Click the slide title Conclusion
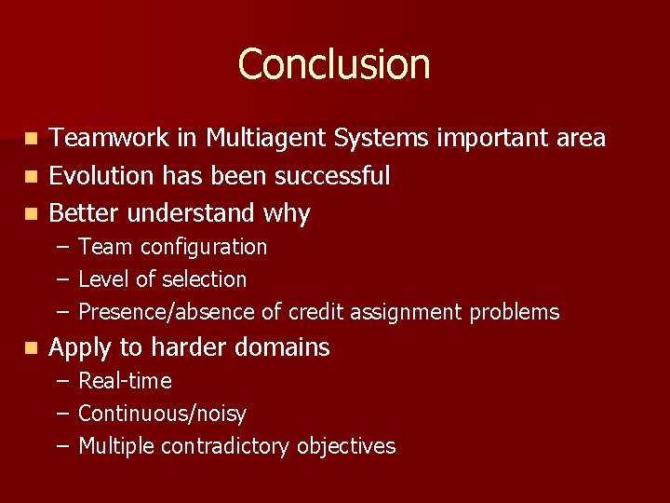point(334,64)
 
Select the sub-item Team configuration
point(172,247)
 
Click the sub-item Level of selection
point(162,279)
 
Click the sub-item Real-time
point(125,381)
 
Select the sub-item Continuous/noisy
point(162,414)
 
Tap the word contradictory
point(226,446)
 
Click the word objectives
point(346,446)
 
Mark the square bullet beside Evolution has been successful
point(32,176)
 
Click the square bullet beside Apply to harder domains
point(32,348)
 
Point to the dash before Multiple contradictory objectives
point(61,446)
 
